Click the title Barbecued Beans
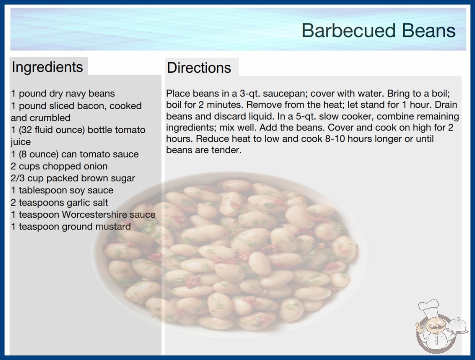tap(378, 30)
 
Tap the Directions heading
tap(199, 68)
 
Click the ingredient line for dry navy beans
tap(63, 94)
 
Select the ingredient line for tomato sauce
tap(75, 154)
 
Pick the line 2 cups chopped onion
tap(59, 166)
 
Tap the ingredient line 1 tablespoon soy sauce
tap(62, 190)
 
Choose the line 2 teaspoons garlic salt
tap(59, 203)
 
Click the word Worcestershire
tap(94, 215)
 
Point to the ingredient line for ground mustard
tap(71, 226)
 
